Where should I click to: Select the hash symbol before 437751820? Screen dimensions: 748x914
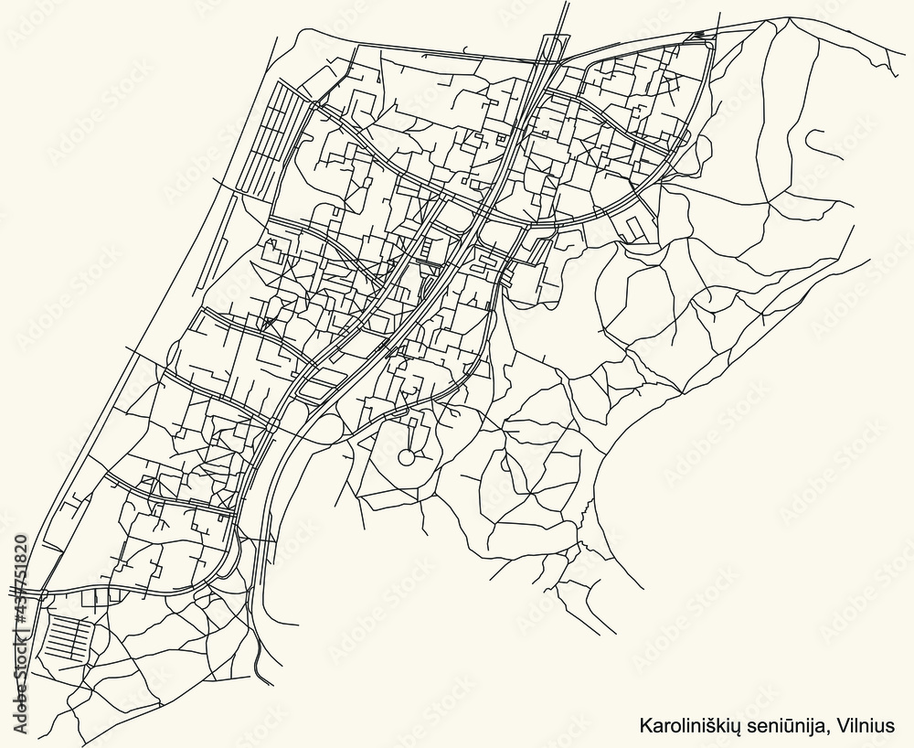pyautogui.click(x=20, y=632)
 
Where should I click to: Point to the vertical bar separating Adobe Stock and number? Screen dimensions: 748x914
pyautogui.click(x=20, y=643)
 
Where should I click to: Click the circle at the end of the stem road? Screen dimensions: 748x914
pyautogui.click(x=405, y=457)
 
